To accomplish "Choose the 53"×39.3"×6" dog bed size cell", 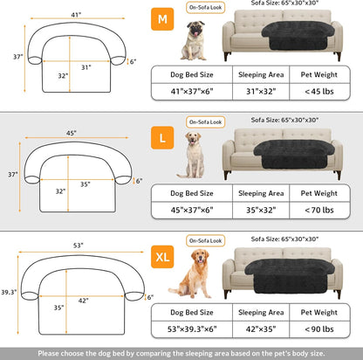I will pos(190,329).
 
